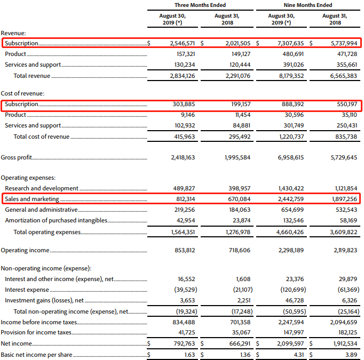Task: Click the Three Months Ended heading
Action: [x=200, y=5]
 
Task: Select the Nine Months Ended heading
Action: [x=309, y=5]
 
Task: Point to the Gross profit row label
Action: [x=17, y=158]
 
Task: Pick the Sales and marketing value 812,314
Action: [x=183, y=199]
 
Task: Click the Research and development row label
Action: [x=42, y=188]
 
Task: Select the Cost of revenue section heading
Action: [x=22, y=93]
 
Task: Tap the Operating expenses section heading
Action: [x=28, y=178]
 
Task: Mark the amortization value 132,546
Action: [x=291, y=220]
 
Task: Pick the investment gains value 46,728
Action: [x=294, y=301]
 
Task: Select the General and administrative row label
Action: [x=41, y=210]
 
